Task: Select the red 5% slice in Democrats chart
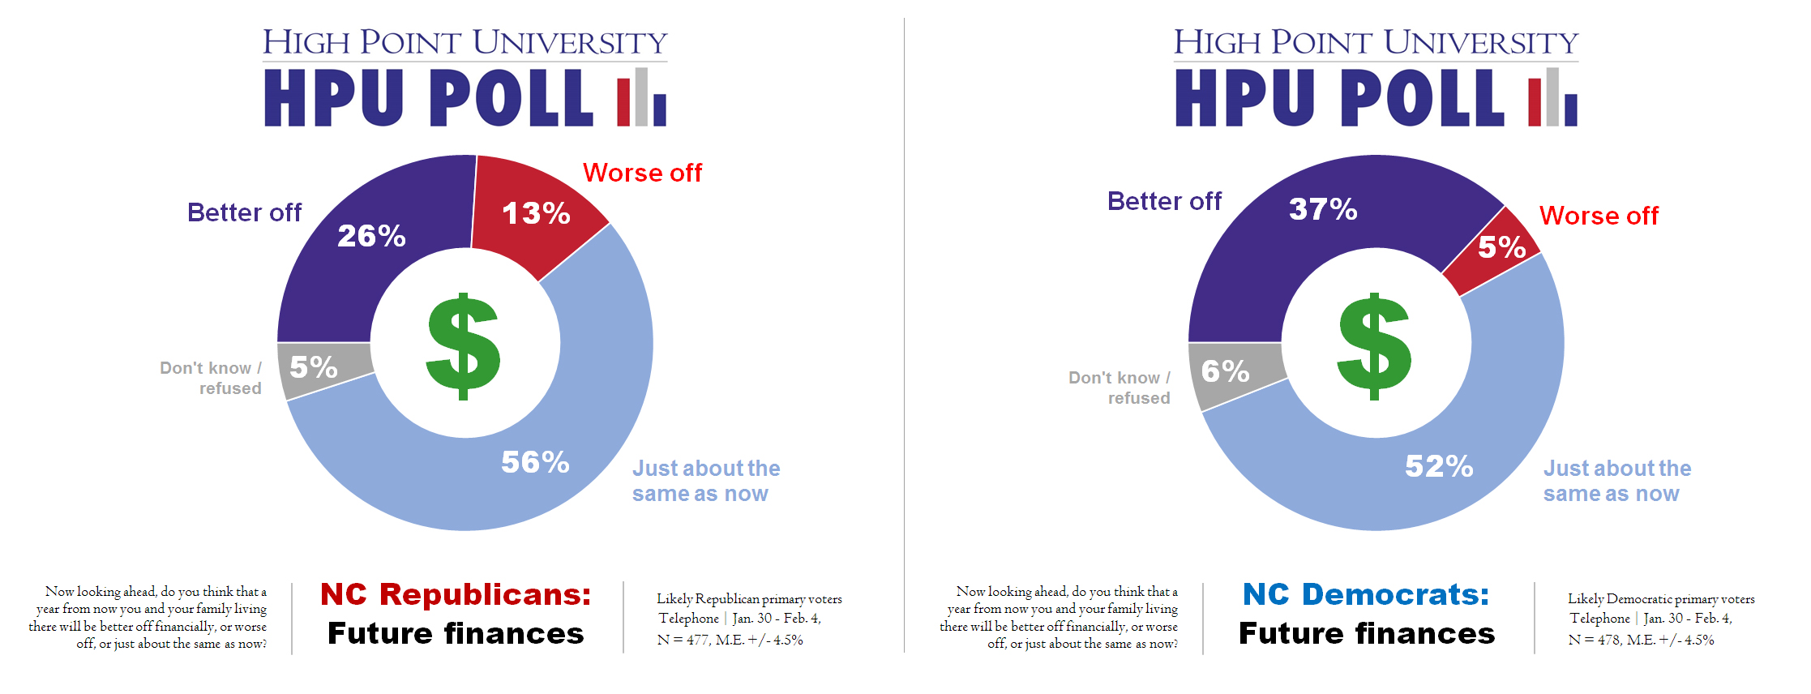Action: pyautogui.click(x=1501, y=247)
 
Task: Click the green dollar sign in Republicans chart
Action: pyautogui.click(x=463, y=346)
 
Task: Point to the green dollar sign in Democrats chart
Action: pyautogui.click(x=1374, y=346)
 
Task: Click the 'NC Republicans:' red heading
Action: pyautogui.click(x=456, y=594)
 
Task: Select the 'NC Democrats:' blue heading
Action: pyautogui.click(x=1366, y=594)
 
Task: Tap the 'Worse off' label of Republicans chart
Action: pyautogui.click(x=642, y=173)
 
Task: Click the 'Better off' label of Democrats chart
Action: pyautogui.click(x=1164, y=201)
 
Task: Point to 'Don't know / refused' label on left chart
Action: pyautogui.click(x=212, y=378)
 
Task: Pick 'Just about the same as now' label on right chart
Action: pyautogui.click(x=1616, y=481)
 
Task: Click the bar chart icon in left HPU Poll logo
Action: pyautogui.click(x=641, y=98)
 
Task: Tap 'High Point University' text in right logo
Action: pyautogui.click(x=1376, y=42)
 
